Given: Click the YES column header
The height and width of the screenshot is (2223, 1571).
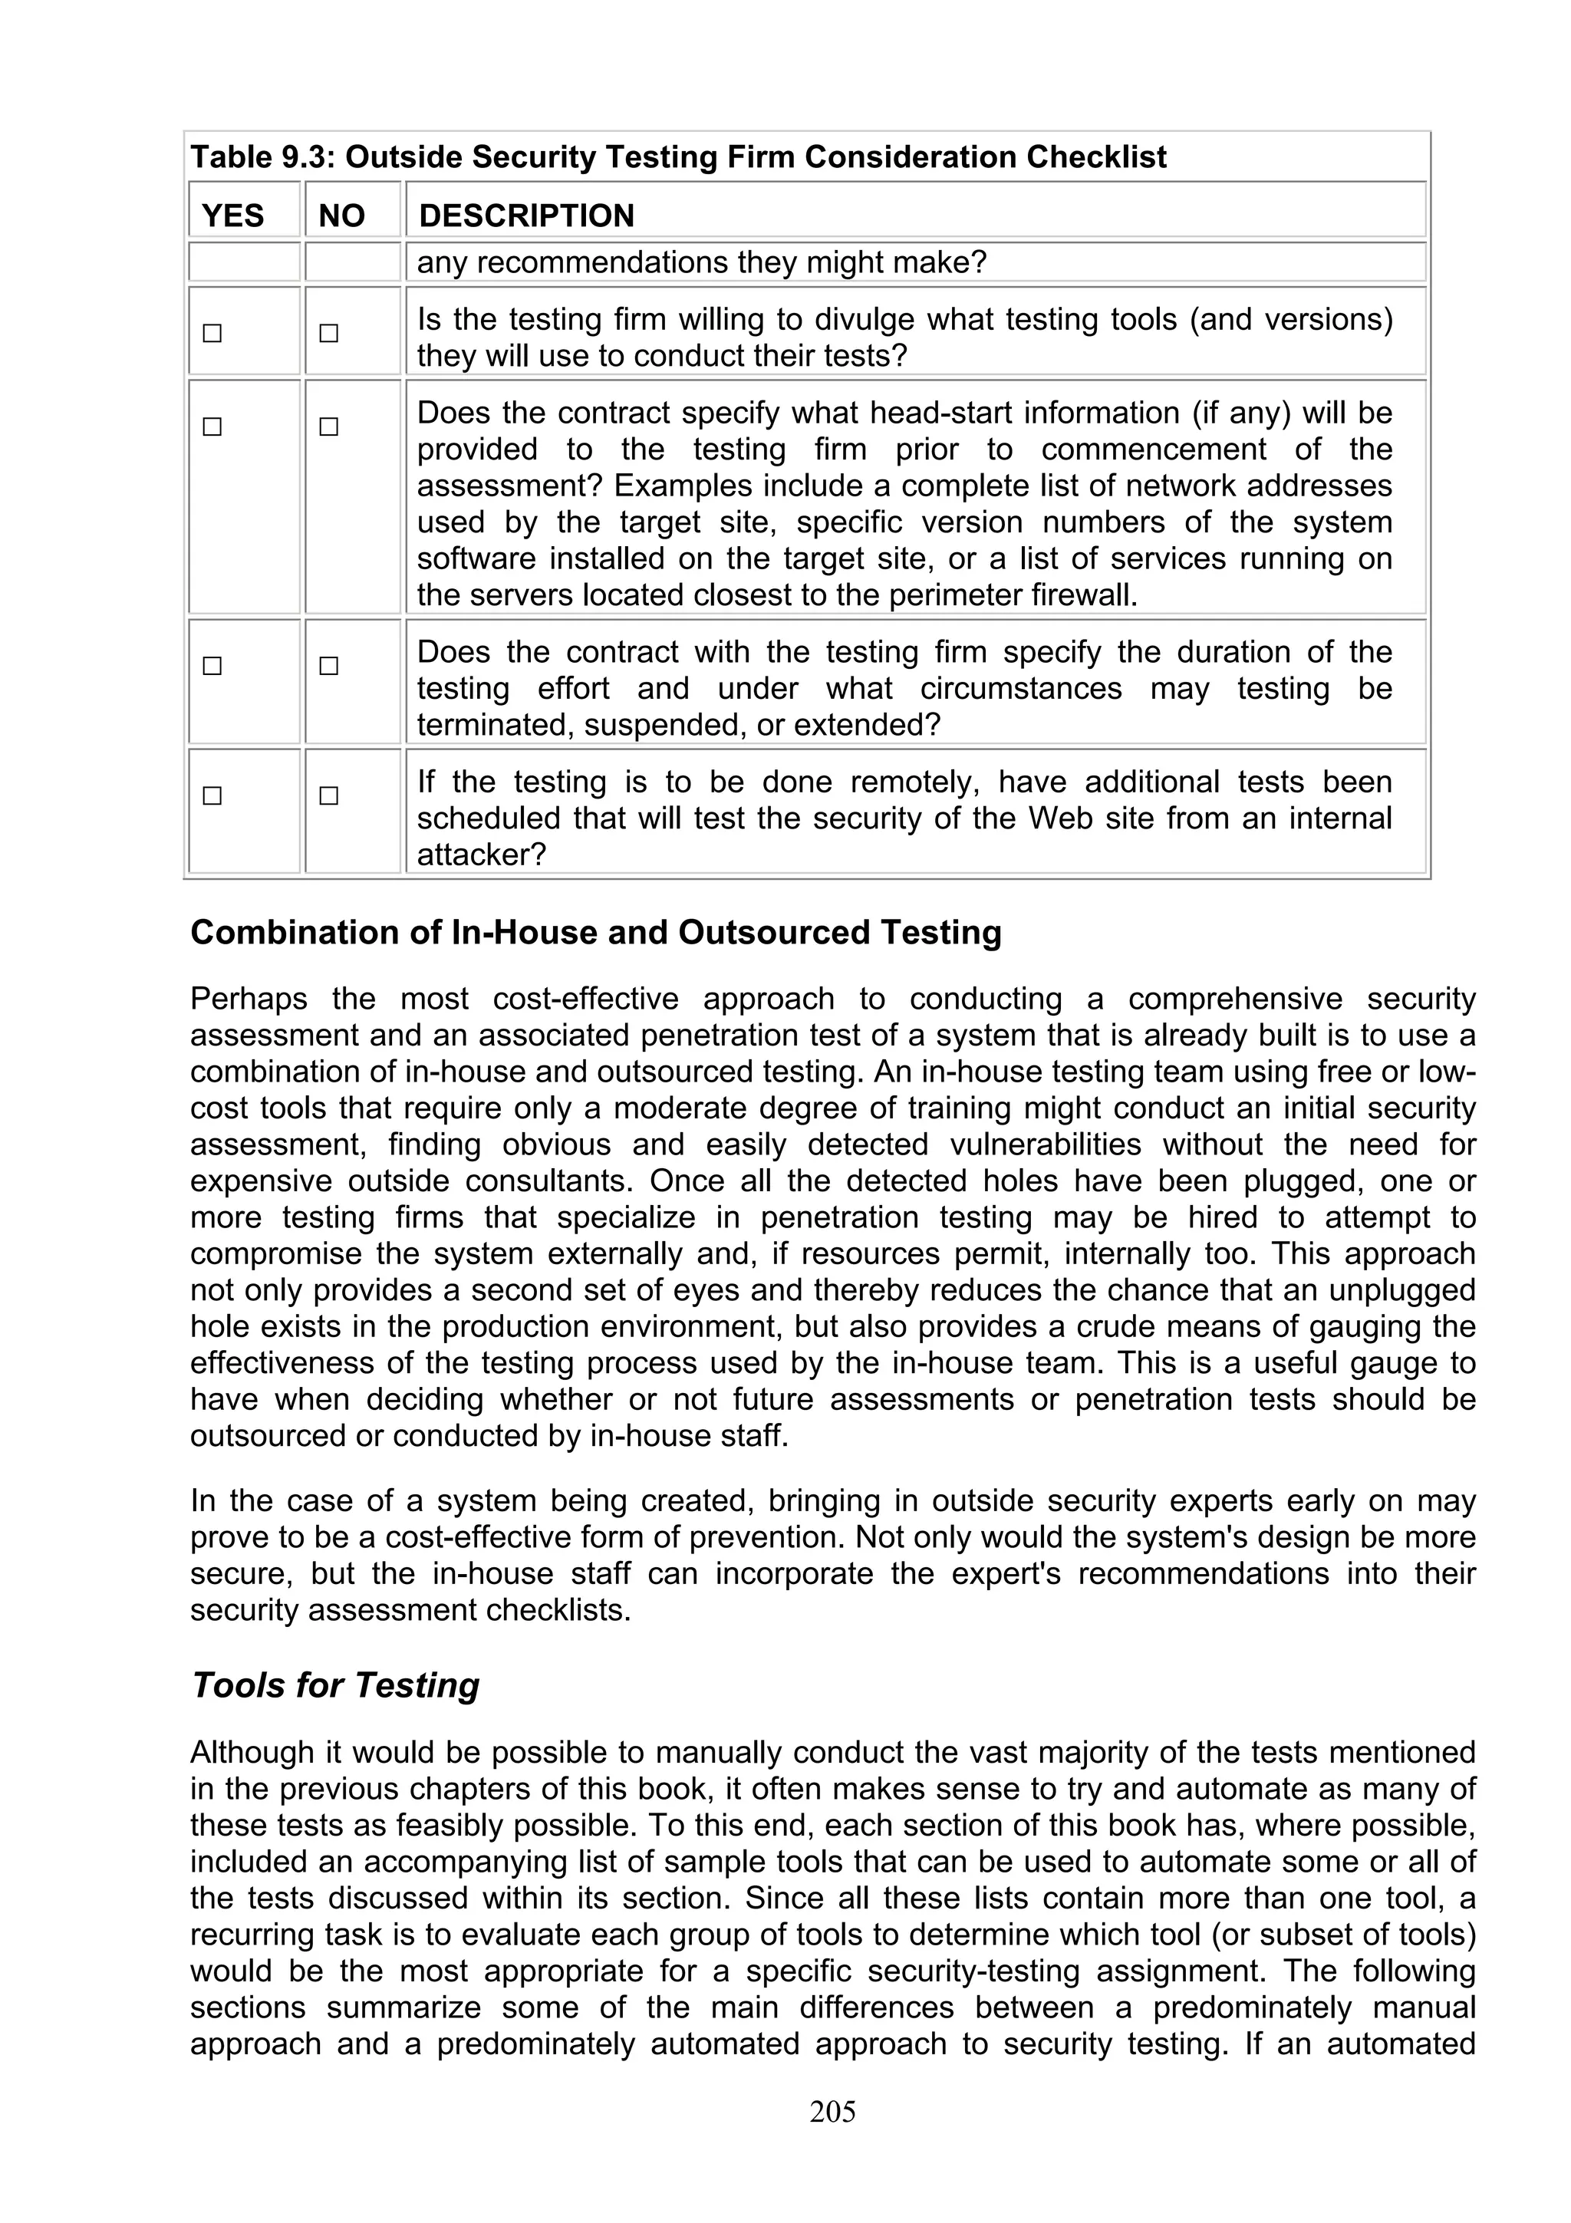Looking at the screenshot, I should pyautogui.click(x=232, y=215).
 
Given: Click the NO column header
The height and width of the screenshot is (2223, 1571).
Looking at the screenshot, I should pyautogui.click(x=341, y=215).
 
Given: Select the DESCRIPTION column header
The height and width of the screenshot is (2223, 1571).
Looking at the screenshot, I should pyautogui.click(x=526, y=215).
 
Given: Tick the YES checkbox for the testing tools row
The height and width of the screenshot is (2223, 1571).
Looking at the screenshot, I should pyautogui.click(x=212, y=333).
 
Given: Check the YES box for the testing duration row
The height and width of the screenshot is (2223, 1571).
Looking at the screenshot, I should pyautogui.click(x=212, y=666).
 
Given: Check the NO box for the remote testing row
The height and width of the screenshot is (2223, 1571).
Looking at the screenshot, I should pyautogui.click(x=329, y=796).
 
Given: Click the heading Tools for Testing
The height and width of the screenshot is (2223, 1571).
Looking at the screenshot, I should pyautogui.click(x=335, y=1685).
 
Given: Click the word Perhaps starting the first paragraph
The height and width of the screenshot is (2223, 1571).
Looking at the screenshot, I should pyautogui.click(x=249, y=998).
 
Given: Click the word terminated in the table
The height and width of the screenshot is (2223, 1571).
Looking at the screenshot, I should pyautogui.click(x=481, y=725).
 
